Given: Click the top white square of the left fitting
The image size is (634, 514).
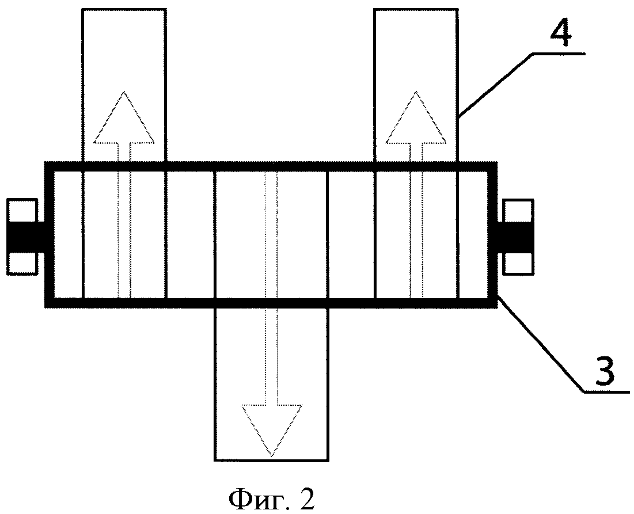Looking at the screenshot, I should coord(22,211).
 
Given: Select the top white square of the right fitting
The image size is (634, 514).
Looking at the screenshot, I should coord(518,211).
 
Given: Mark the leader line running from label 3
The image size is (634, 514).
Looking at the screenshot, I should coord(541,345).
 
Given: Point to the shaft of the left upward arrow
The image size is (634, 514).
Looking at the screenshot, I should coord(124,230).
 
